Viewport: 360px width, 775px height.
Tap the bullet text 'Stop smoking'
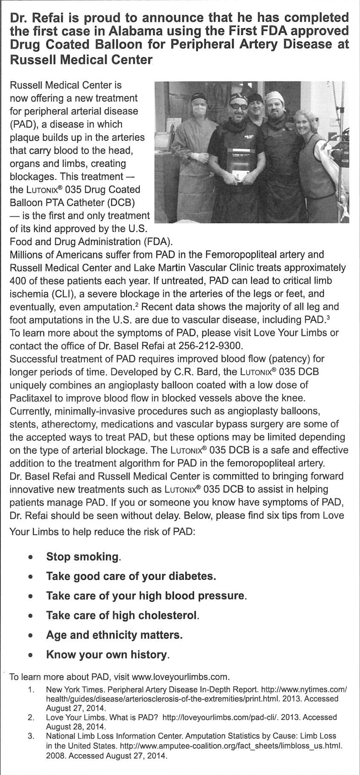[x=83, y=557]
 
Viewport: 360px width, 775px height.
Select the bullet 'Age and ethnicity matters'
[x=114, y=635]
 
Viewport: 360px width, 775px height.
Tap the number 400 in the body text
[x=17, y=281]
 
